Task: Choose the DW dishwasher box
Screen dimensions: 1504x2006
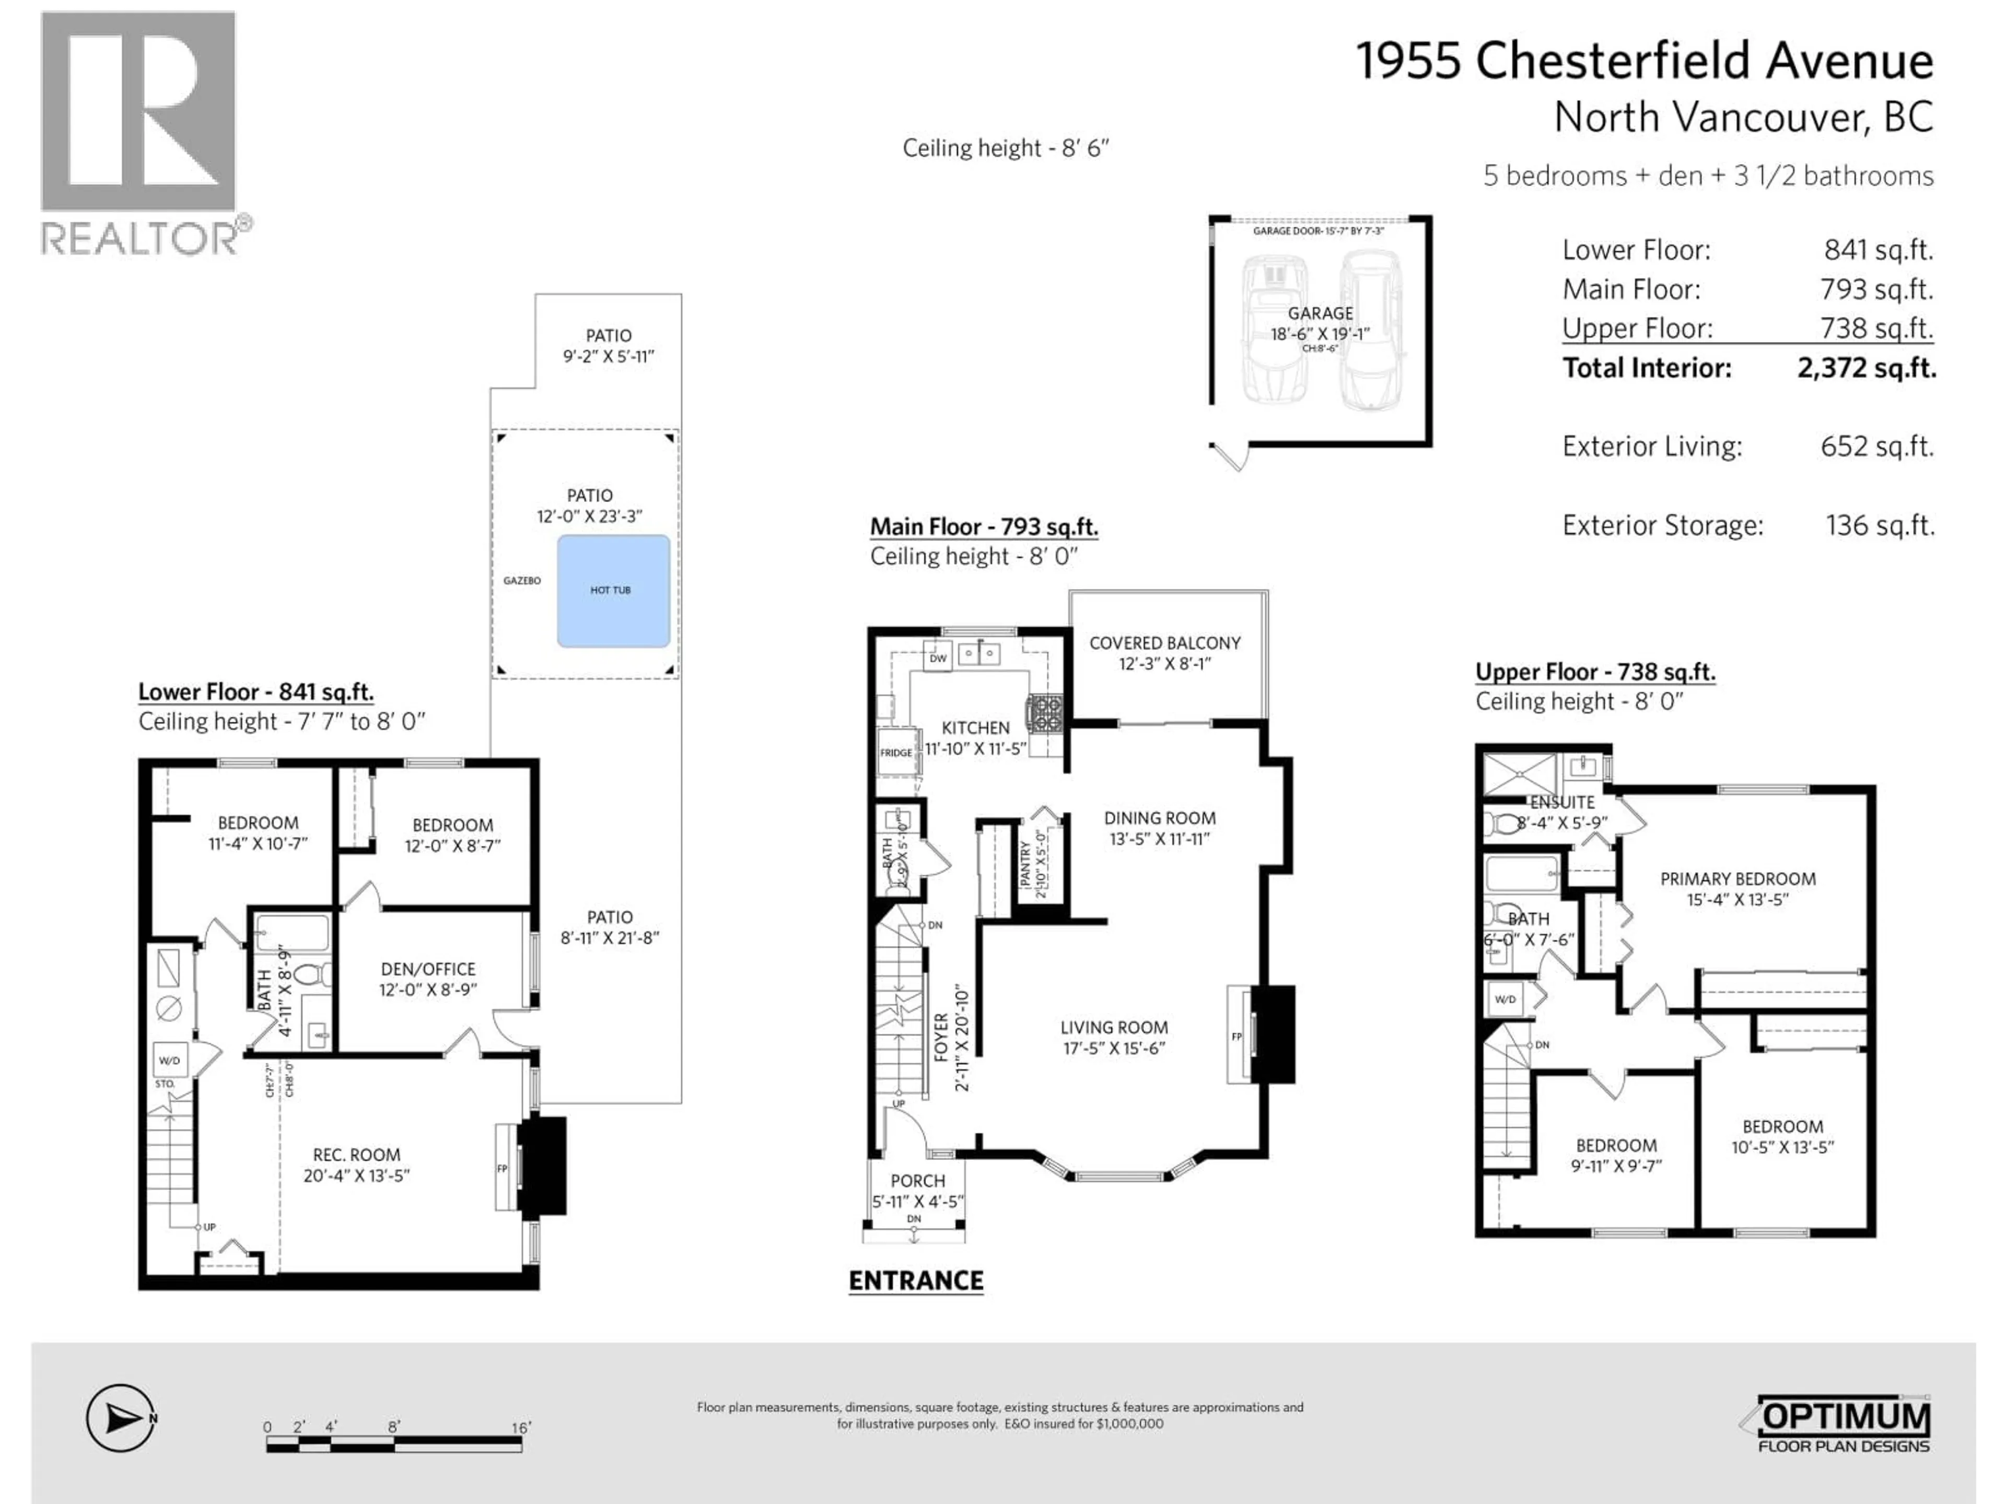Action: click(x=938, y=658)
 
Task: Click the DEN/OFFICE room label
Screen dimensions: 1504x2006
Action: click(x=427, y=969)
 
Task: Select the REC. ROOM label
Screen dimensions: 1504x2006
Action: click(x=356, y=1155)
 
